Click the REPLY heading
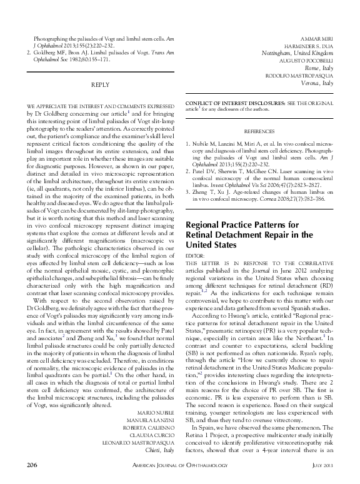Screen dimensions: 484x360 point(100,83)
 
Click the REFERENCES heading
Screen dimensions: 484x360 point(259,133)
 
